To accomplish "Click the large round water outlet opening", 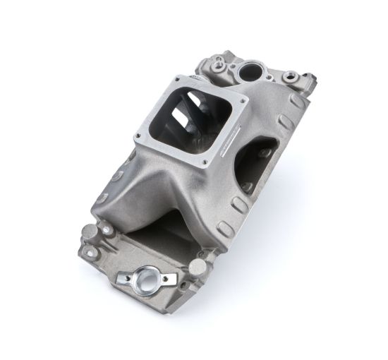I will tap(251, 71).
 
